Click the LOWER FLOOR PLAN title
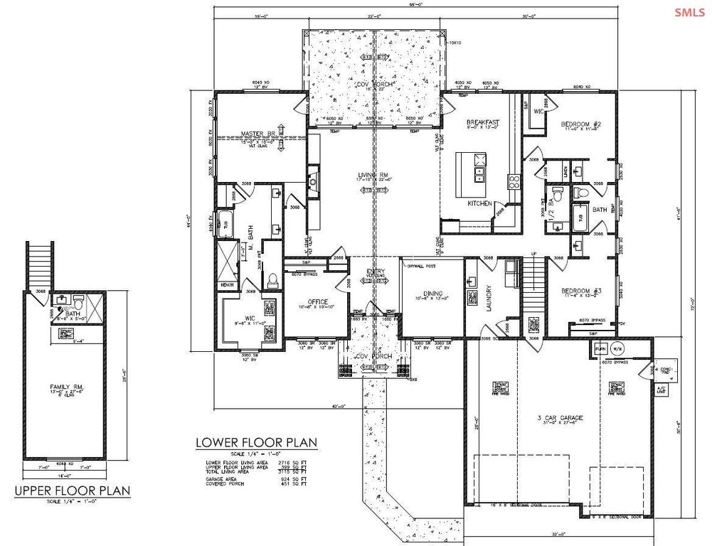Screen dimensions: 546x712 tap(256, 443)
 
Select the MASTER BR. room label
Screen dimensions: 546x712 tap(257, 133)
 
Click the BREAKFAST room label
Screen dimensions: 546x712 tap(482, 122)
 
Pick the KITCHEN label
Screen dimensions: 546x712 tap(480, 203)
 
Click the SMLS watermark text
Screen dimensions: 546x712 tap(686, 11)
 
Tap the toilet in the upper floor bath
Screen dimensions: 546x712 tap(79, 304)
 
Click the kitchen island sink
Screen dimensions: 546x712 tap(479, 171)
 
